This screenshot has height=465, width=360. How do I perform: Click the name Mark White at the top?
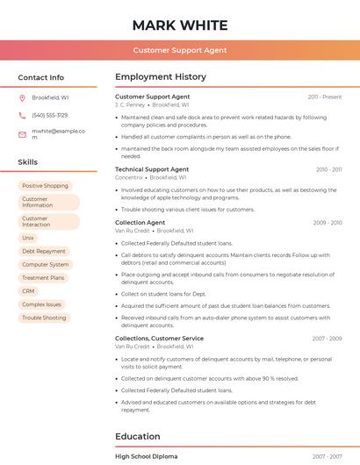(180, 25)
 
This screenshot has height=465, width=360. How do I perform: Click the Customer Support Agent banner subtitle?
(180, 51)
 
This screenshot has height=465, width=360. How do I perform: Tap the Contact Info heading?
(41, 77)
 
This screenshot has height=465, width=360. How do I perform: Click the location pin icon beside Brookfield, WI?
(22, 97)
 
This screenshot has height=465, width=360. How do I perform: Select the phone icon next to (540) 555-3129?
(22, 116)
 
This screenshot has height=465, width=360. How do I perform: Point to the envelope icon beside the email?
(22, 134)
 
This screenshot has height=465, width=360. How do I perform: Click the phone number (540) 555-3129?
(49, 116)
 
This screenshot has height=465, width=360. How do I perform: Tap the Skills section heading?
(28, 162)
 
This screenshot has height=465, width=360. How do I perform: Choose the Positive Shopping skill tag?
(45, 186)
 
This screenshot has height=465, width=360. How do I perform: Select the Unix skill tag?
(28, 238)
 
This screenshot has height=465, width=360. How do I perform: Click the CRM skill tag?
(29, 290)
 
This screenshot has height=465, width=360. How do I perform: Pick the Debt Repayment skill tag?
(44, 251)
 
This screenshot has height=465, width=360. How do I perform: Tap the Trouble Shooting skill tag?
(44, 318)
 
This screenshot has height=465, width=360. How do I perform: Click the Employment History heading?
(161, 77)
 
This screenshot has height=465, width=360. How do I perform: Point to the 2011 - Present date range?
(325, 97)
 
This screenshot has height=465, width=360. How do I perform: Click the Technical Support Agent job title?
(152, 169)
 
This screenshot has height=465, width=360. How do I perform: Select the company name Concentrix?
(131, 177)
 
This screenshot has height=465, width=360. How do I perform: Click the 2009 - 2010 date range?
(328, 223)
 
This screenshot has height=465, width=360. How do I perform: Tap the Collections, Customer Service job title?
(159, 338)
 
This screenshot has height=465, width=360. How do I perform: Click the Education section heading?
(137, 436)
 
